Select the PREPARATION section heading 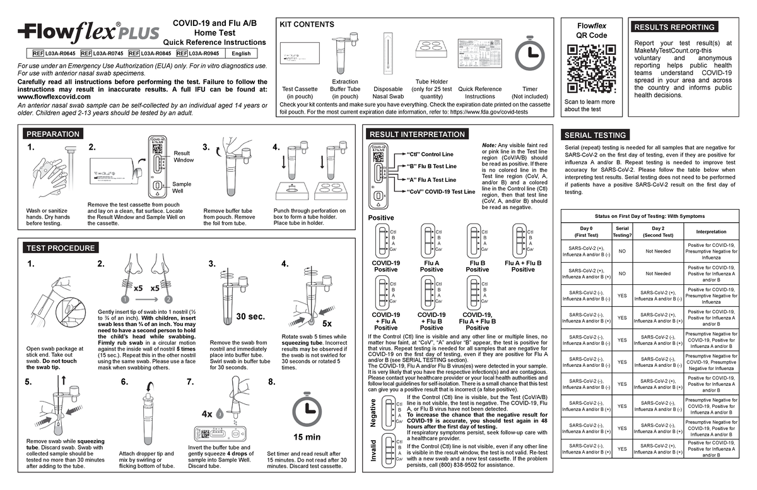53,134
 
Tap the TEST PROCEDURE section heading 60,248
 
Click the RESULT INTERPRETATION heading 417,134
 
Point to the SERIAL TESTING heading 596,135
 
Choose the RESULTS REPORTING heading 674,27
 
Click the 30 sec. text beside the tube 250,316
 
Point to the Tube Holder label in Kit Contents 431,82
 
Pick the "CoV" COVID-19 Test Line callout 441,191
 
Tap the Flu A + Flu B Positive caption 523,266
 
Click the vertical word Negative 373,412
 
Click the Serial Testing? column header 621,232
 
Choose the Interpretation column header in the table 711,232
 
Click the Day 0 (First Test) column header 586,232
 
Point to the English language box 241,54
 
